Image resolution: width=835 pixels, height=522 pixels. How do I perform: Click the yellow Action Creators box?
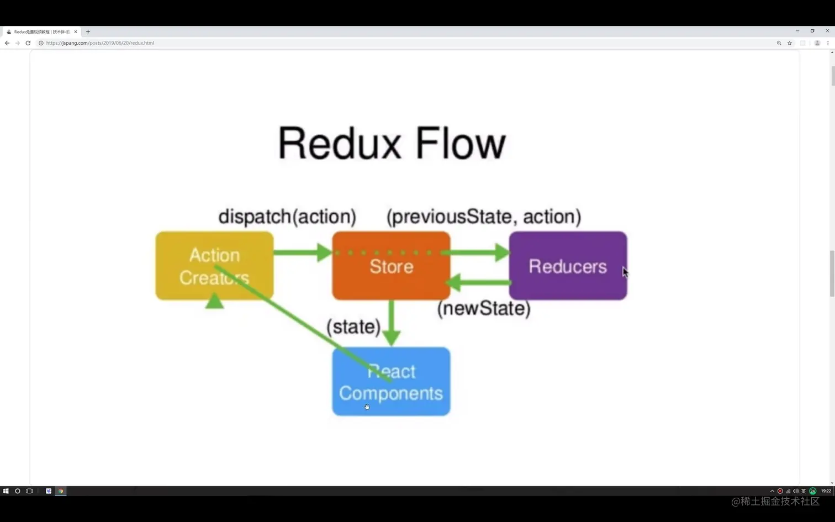click(x=214, y=266)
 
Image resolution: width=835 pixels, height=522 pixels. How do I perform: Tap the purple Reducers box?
click(x=568, y=266)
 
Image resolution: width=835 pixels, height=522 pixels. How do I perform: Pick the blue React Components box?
click(x=391, y=382)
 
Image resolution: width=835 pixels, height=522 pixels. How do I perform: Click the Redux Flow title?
click(x=392, y=143)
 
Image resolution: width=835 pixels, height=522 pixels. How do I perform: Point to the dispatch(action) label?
click(x=287, y=217)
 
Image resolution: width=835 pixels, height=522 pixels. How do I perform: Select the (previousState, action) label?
click(x=484, y=217)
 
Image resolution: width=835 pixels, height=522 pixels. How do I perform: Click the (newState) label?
click(x=484, y=308)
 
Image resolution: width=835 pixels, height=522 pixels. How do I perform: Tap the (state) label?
click(x=353, y=326)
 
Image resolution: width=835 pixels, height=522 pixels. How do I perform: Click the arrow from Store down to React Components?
click(x=391, y=323)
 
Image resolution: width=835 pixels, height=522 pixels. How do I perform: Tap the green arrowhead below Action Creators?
click(x=214, y=302)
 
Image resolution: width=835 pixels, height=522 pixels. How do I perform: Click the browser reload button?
click(x=28, y=43)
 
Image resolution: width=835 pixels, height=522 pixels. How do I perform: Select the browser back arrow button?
click(x=7, y=43)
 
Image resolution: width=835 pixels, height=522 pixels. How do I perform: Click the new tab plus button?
click(x=88, y=31)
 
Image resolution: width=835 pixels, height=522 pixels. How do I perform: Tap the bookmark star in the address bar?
click(x=790, y=43)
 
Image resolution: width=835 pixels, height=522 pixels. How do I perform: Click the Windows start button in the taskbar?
click(x=6, y=491)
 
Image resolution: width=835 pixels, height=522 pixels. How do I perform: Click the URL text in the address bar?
click(x=100, y=43)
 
